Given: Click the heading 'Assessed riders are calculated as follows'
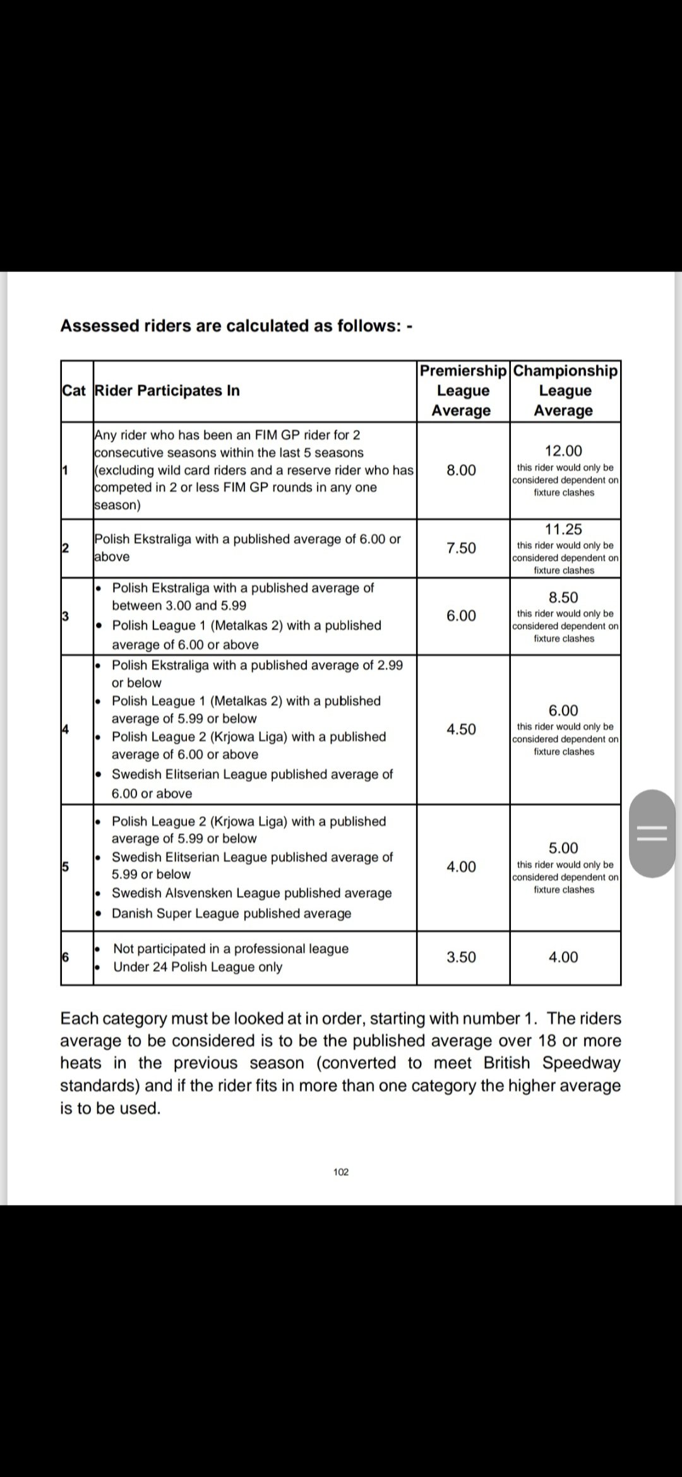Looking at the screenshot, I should [236, 326].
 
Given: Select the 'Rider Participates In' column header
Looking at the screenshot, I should [167, 391].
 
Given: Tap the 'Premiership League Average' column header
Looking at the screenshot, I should [463, 391].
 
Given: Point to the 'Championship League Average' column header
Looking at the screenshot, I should [565, 391].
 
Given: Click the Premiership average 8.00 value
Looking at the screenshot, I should [462, 470].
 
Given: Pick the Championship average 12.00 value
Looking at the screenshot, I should [563, 451].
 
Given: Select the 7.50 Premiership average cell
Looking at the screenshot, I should [462, 548].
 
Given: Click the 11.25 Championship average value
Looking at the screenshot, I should [563, 530].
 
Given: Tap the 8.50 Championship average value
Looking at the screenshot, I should [563, 598].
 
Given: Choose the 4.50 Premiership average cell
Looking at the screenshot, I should [462, 730].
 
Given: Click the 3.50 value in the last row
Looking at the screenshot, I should [462, 958].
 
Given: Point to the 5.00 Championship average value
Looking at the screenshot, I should [563, 848].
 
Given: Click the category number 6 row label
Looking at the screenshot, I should [65, 957].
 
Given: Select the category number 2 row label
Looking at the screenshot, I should [65, 547].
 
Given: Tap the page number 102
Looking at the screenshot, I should [341, 1172].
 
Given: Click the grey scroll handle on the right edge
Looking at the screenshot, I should [652, 833].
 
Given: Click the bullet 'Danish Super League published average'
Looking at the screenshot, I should [231, 913].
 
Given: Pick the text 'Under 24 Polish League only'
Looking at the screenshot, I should [198, 967].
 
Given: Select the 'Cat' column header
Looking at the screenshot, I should [73, 391].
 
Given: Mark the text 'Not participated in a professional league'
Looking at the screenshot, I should [230, 949].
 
